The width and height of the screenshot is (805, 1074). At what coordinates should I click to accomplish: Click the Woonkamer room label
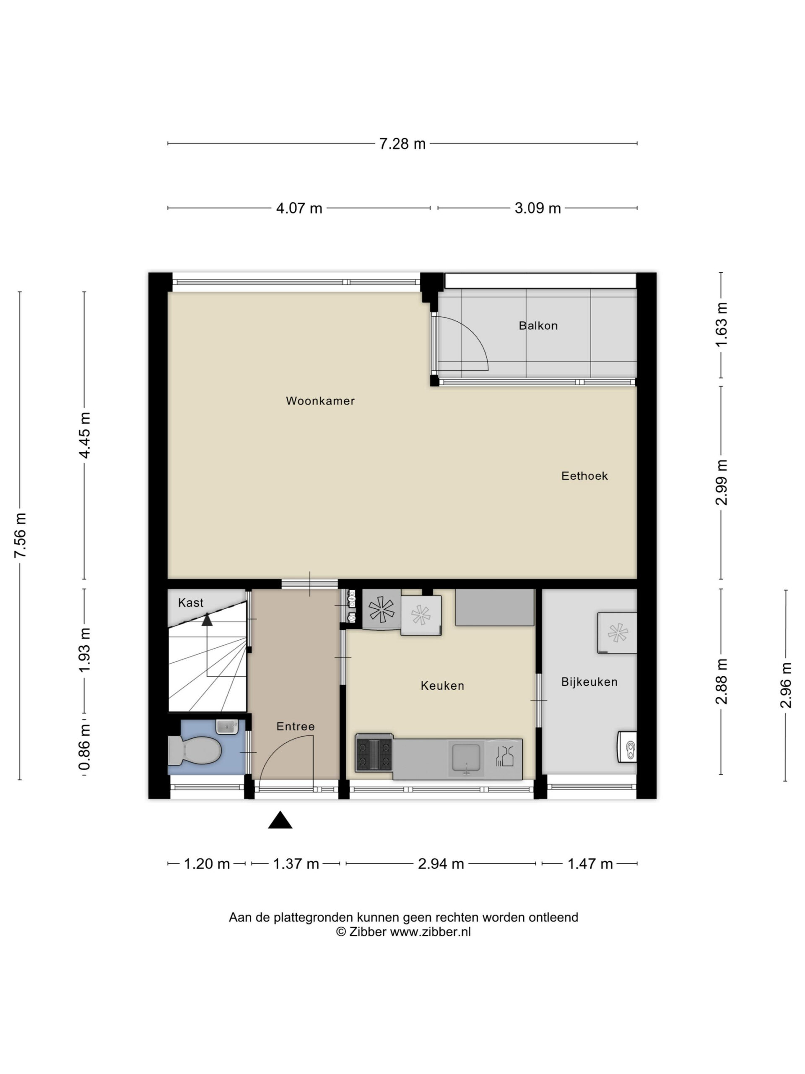pyautogui.click(x=320, y=401)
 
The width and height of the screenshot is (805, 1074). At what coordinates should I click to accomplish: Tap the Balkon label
pyautogui.click(x=538, y=326)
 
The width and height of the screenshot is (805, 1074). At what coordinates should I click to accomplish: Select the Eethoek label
pyautogui.click(x=584, y=476)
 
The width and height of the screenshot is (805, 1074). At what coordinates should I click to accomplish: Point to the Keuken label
pyautogui.click(x=442, y=686)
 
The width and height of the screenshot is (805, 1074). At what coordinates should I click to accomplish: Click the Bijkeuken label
pyautogui.click(x=589, y=682)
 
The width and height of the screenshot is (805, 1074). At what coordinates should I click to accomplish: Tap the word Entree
pyautogui.click(x=296, y=726)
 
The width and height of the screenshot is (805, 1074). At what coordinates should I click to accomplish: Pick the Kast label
pyautogui.click(x=191, y=602)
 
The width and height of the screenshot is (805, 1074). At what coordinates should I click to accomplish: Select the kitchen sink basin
pyautogui.click(x=466, y=758)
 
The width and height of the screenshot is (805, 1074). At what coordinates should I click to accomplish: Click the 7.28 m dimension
pyautogui.click(x=402, y=144)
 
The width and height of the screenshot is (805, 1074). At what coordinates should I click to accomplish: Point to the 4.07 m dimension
pyautogui.click(x=299, y=208)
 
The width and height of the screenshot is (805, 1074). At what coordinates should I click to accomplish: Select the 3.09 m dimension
pyautogui.click(x=538, y=208)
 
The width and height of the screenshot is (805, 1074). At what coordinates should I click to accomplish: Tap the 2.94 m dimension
pyautogui.click(x=441, y=864)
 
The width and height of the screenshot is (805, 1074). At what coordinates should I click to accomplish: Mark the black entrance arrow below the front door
pyautogui.click(x=280, y=820)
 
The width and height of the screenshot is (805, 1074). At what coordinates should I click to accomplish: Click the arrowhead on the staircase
pyautogui.click(x=207, y=619)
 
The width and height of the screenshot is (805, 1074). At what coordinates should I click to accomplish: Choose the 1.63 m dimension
pyautogui.click(x=722, y=324)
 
